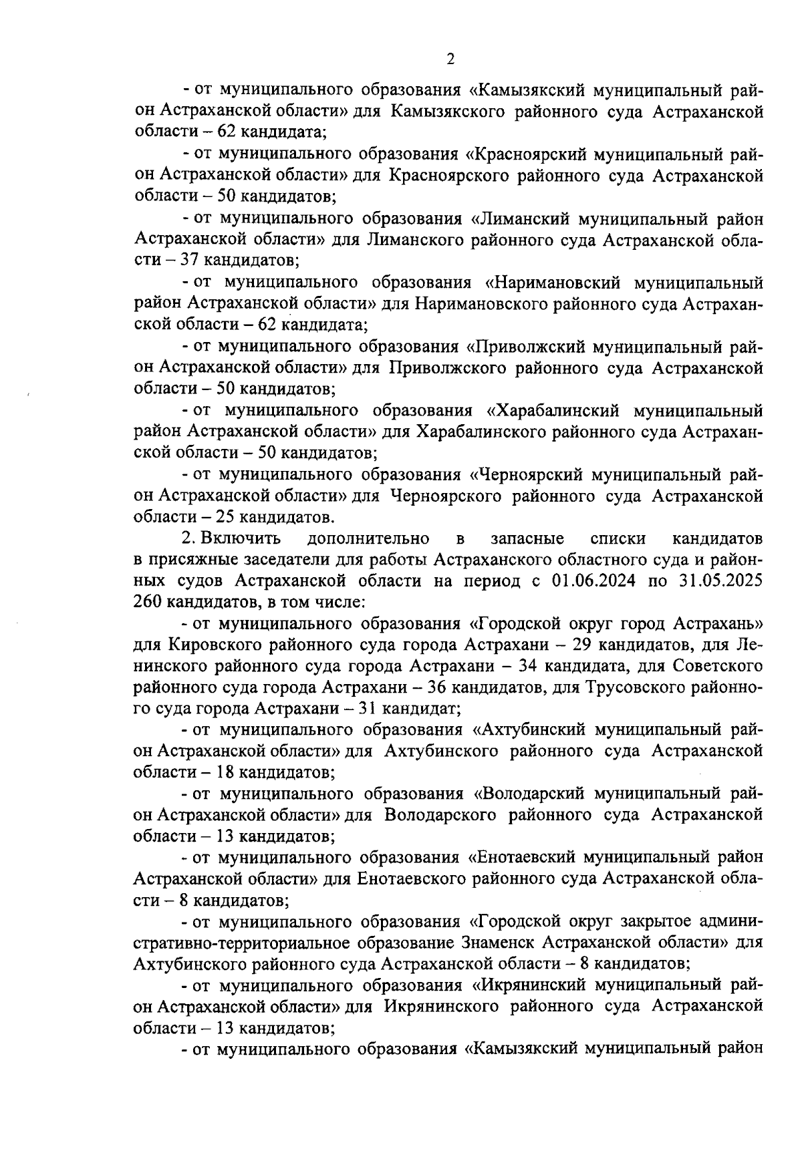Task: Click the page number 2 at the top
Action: [x=450, y=59]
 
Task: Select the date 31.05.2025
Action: [x=724, y=581]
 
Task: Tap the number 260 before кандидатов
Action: [x=148, y=602]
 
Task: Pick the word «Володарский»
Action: [x=528, y=794]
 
